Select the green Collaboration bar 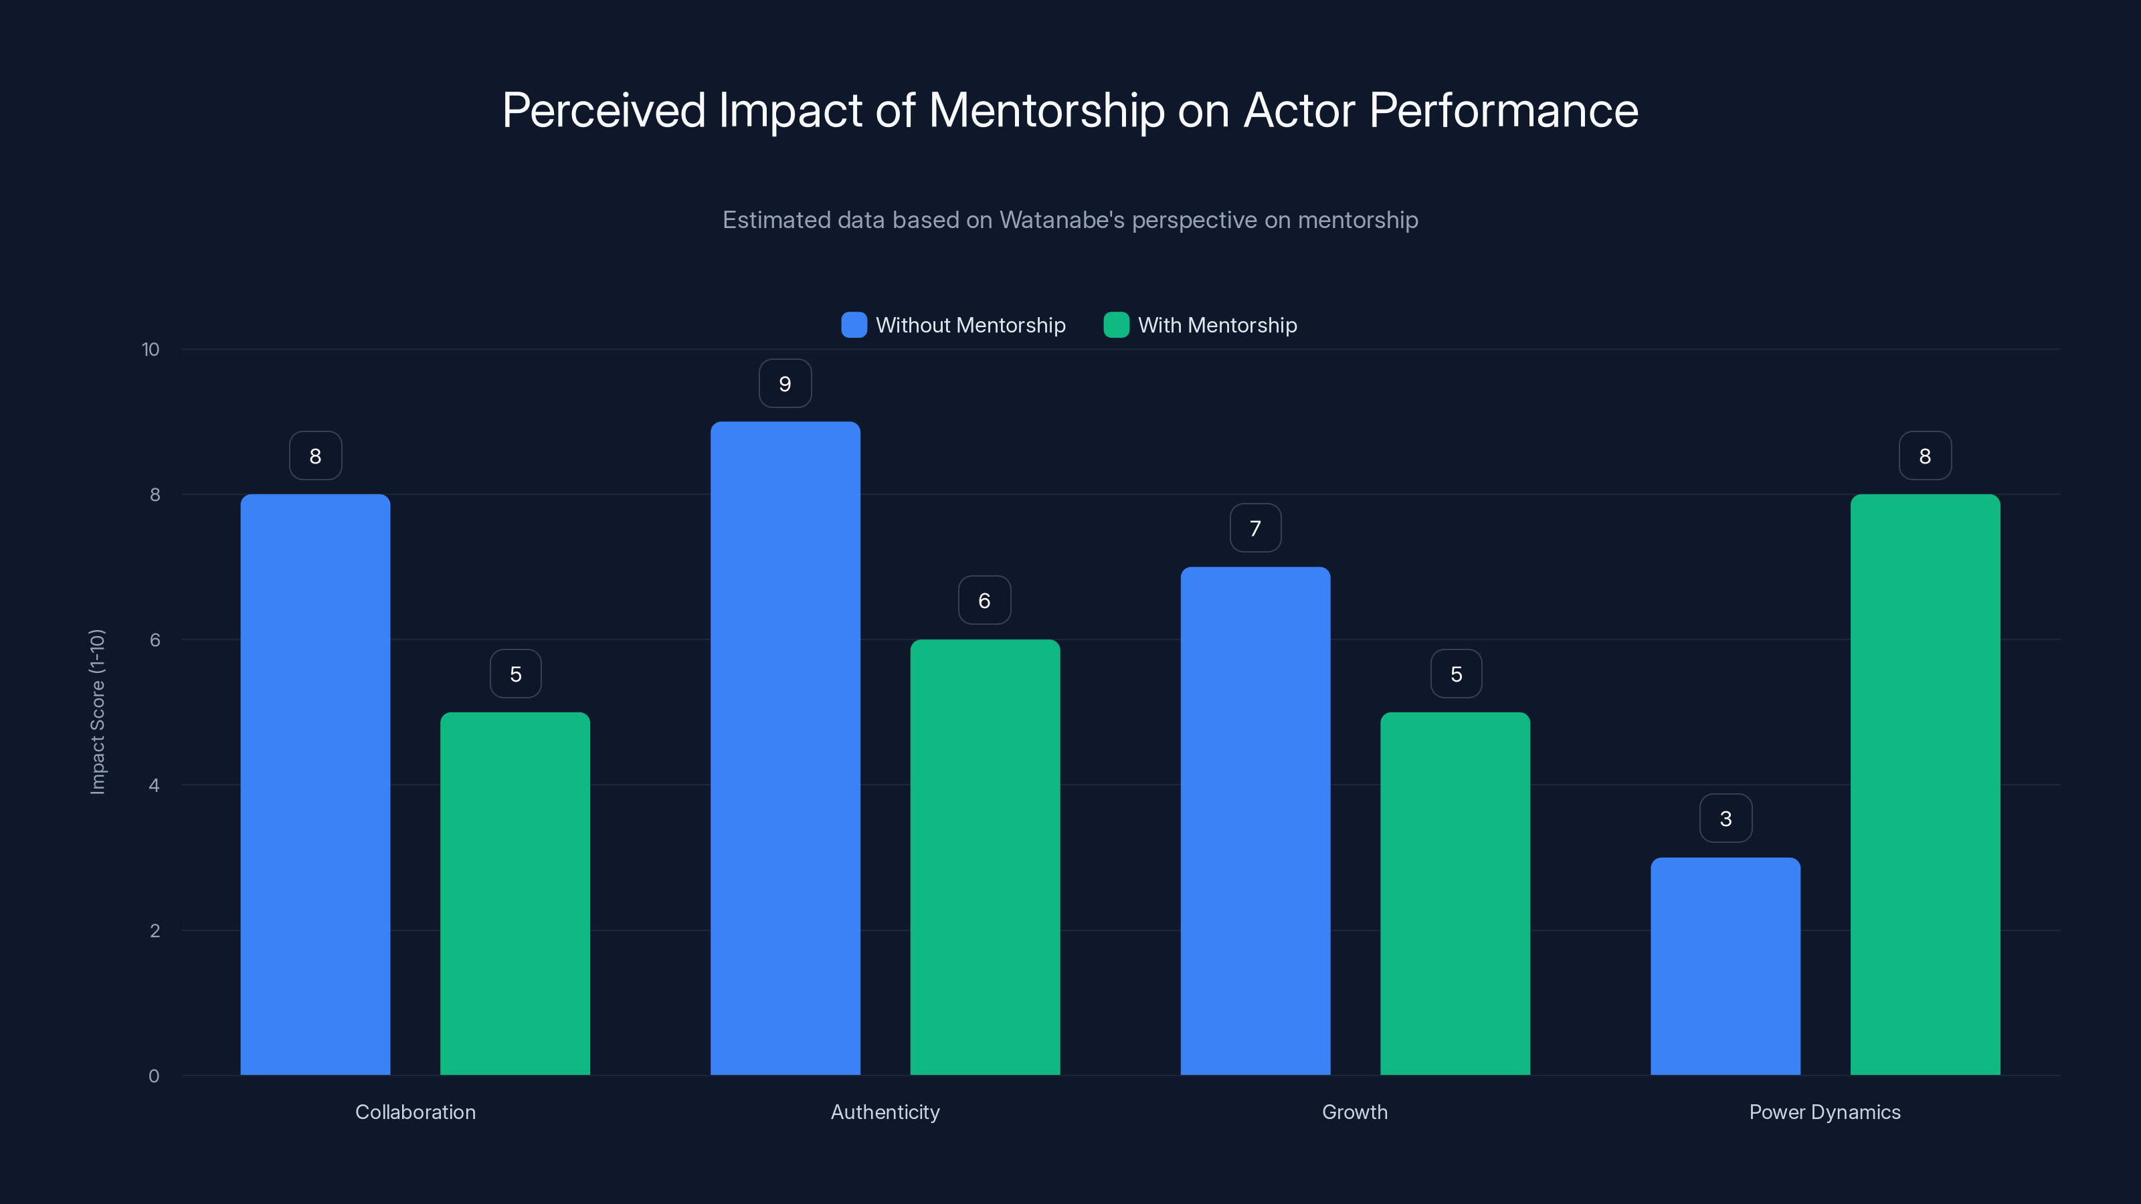[515, 893]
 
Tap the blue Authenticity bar [785, 748]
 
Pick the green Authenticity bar [985, 857]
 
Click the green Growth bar [1455, 893]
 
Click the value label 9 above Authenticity [785, 384]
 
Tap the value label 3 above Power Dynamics [1726, 819]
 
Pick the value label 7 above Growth [1255, 528]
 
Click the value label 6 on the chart [984, 601]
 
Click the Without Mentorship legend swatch [854, 325]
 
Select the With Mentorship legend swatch [1115, 325]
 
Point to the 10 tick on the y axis [151, 350]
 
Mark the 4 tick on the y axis [154, 785]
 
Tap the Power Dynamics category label [1825, 1112]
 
